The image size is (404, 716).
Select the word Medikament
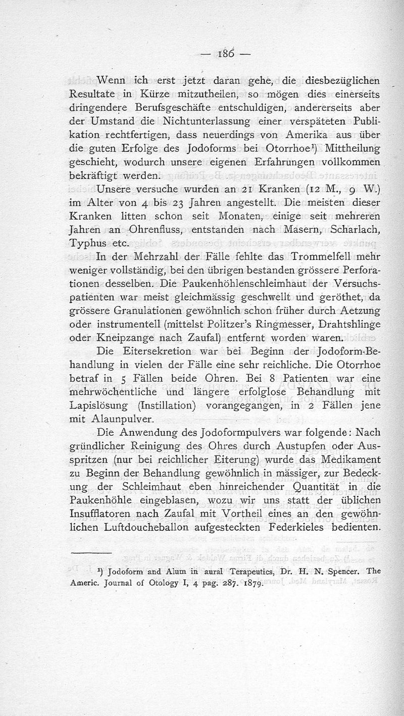tap(343, 459)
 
